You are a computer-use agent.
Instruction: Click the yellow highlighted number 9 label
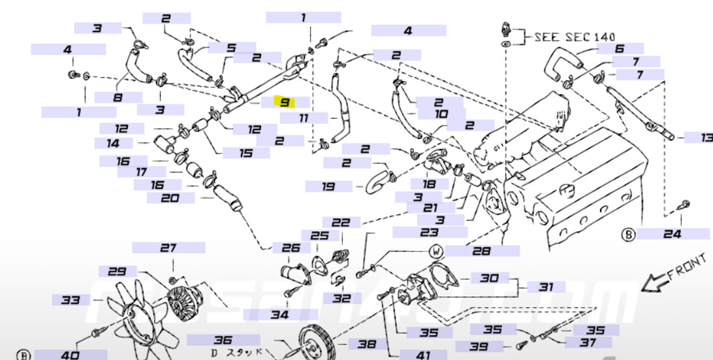point(285,102)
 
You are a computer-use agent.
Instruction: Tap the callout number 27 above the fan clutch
point(169,248)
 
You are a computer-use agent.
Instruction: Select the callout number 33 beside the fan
point(71,300)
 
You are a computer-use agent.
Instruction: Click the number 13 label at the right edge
point(706,137)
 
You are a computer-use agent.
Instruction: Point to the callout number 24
point(673,234)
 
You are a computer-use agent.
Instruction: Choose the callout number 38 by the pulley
point(367,344)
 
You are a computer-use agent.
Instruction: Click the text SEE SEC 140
point(575,37)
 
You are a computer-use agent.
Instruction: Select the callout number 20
point(170,197)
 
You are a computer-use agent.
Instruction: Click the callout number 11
point(304,118)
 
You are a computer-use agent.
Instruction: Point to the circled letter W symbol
point(436,252)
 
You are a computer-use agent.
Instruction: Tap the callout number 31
point(546,287)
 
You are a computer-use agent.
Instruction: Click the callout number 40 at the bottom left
point(70,355)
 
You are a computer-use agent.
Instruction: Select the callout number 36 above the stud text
point(223,340)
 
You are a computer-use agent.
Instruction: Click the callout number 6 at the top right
point(620,48)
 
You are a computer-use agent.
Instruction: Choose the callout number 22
point(341,222)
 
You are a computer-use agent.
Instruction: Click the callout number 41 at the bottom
point(423,355)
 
